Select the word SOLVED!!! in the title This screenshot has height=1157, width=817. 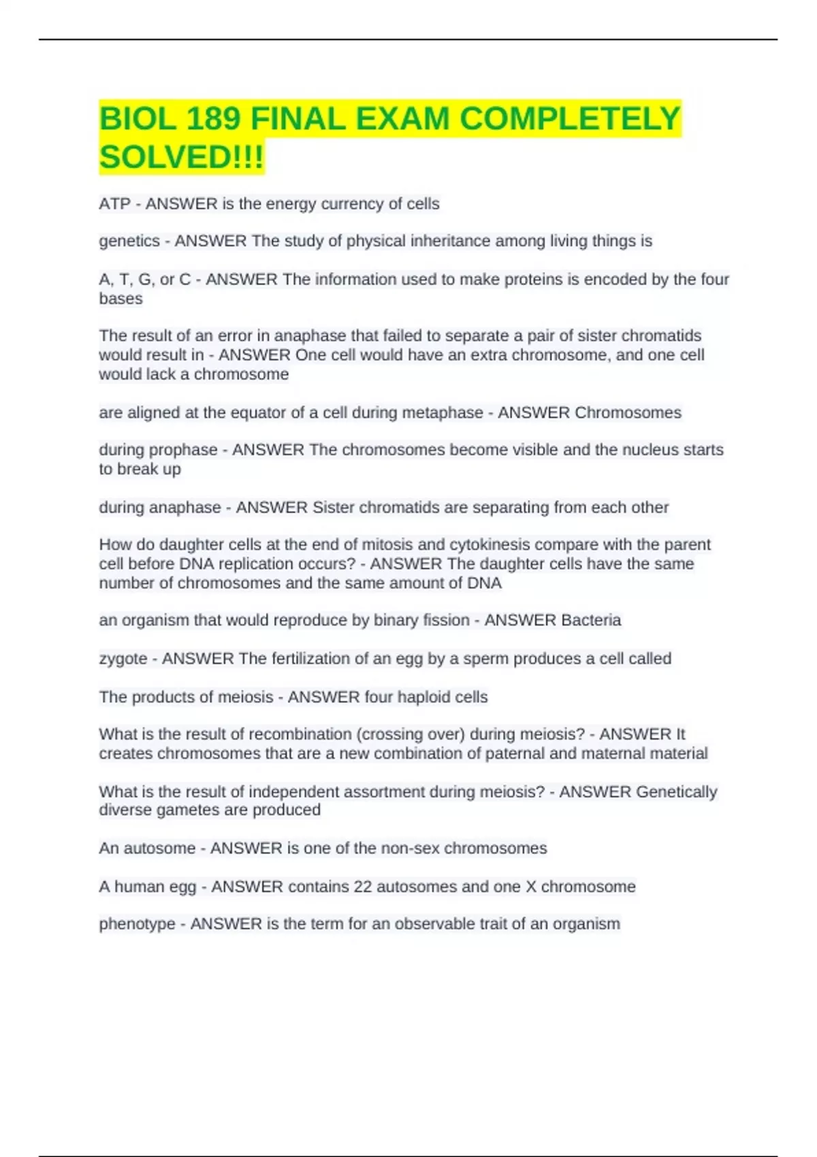coord(181,158)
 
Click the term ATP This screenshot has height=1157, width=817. coord(114,204)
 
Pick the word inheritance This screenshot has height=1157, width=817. coord(447,241)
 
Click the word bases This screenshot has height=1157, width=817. coord(121,299)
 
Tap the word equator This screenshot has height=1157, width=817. coord(264,412)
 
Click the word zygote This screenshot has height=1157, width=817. coord(123,659)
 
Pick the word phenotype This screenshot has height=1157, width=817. coord(137,924)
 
